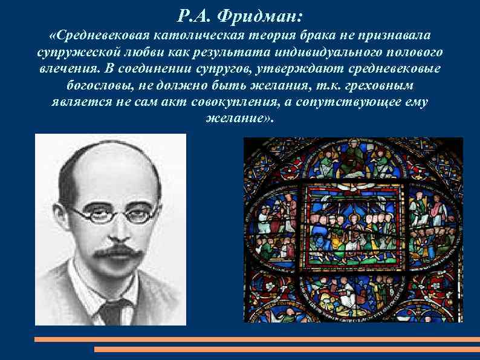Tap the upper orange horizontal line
tap(257, 339)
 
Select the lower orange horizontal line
tap(287, 349)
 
